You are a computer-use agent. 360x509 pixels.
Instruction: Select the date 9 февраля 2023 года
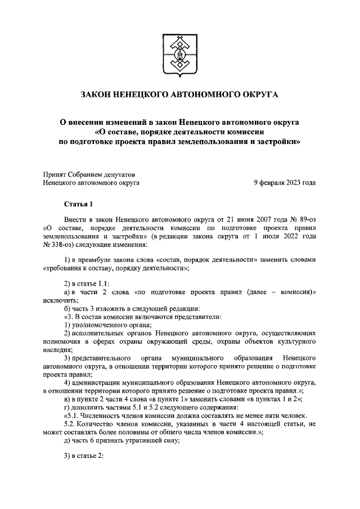285,182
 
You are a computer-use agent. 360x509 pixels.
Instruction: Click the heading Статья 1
77,204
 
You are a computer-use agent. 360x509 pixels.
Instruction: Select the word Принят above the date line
56,173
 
